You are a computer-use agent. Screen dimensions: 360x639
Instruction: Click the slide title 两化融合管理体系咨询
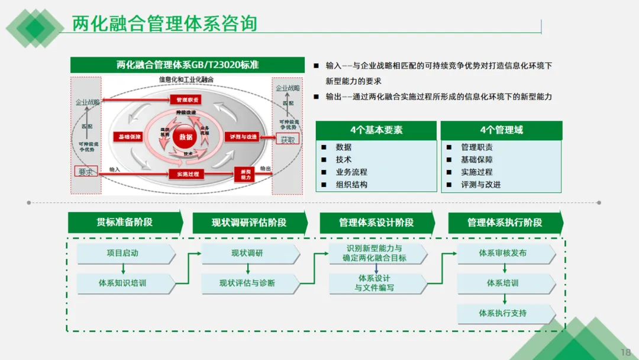(164, 24)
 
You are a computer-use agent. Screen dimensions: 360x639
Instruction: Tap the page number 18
(625, 352)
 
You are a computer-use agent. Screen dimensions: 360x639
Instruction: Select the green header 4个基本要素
(376, 130)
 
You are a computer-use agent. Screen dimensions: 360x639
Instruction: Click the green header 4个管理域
(501, 130)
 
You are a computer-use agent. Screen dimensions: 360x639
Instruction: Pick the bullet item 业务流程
(351, 172)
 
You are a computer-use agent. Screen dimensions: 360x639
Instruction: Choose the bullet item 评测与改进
(480, 184)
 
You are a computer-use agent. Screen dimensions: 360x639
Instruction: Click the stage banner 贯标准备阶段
(124, 222)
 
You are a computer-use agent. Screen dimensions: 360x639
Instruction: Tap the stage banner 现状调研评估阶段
(249, 223)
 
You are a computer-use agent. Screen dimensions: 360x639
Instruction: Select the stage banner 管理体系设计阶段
(376, 223)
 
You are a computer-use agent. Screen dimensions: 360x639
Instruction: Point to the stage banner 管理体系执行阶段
(505, 223)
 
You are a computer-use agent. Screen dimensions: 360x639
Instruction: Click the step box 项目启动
(123, 253)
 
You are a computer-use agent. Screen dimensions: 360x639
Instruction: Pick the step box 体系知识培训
(123, 283)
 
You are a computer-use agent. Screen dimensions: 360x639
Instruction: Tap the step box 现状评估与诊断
(247, 283)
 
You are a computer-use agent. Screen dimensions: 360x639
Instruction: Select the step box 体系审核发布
(503, 253)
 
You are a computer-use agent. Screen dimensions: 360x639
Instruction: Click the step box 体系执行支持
(503, 313)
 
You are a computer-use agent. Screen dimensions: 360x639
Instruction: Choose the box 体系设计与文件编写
(375, 283)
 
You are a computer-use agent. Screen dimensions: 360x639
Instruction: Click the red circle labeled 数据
(185, 137)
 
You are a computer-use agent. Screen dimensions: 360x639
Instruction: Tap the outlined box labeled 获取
(288, 140)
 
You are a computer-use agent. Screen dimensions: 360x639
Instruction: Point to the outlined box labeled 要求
(86, 172)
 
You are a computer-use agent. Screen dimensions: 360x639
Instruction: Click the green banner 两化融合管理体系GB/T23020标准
(188, 65)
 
